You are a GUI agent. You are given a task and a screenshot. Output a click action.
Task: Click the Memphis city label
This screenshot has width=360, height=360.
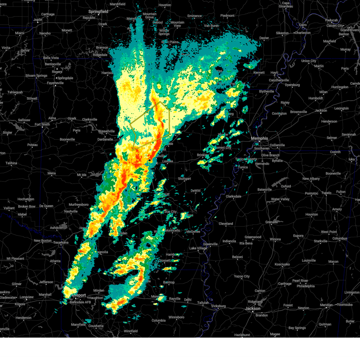pos(259,138)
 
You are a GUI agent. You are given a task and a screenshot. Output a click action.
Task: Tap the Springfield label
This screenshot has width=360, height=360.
pos(98,11)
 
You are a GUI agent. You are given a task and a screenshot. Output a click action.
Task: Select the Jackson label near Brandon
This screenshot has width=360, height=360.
pos(253,308)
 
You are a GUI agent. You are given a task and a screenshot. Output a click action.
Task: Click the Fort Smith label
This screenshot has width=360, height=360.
pos(42,124)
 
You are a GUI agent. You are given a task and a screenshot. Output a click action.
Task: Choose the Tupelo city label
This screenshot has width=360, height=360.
pos(326,193)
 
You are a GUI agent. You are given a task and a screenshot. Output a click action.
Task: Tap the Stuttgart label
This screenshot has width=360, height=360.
pos(184,179)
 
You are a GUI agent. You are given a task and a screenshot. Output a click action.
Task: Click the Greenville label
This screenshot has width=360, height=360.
pos(210,244)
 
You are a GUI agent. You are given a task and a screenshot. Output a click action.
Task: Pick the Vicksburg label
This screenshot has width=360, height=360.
pos(218,306)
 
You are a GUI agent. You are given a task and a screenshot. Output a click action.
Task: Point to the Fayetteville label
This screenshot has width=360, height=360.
pos(55,83)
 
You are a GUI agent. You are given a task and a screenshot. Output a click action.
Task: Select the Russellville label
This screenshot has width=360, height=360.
pos(106,131)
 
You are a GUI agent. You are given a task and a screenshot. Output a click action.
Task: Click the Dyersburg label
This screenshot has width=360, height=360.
pos(292,85)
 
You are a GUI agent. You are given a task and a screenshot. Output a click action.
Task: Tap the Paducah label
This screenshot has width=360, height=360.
pos(331,20)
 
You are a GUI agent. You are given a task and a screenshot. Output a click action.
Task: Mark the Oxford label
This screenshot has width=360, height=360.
pos(286,186)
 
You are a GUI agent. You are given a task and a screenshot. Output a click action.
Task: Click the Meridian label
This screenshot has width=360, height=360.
pos(326,305)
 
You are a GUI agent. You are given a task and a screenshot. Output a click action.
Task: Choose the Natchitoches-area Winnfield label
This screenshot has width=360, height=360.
pos(131,331)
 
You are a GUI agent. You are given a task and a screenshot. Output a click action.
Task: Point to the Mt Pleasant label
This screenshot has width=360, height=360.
pos(15,259)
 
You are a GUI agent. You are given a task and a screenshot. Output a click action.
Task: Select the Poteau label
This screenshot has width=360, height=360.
pos(32,145)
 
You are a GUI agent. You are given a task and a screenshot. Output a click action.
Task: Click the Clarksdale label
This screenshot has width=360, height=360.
pos(233,196)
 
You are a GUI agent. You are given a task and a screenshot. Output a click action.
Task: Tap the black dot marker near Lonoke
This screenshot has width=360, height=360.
pos(149,160)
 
